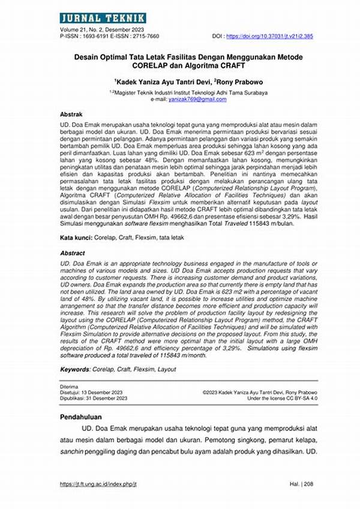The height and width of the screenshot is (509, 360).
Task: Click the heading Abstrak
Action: (x=71, y=114)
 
